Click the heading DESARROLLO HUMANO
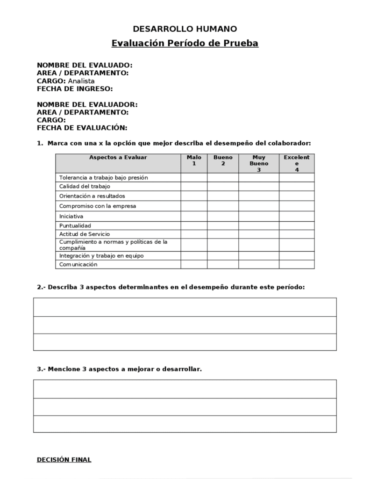pyautogui.click(x=185, y=29)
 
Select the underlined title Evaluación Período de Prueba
pyautogui.click(x=185, y=44)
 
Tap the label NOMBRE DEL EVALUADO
pyautogui.click(x=85, y=65)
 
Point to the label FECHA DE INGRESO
pyautogui.click(x=75, y=88)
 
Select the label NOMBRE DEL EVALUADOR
pyautogui.click(x=87, y=105)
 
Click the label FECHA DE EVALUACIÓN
pyautogui.click(x=82, y=128)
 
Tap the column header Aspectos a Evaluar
pyautogui.click(x=118, y=158)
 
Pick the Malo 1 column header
pyautogui.click(x=194, y=160)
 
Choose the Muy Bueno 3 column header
pyautogui.click(x=259, y=163)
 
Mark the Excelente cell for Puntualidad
pyautogui.click(x=297, y=225)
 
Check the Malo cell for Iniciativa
pyautogui.click(x=194, y=216)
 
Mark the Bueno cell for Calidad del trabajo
pyautogui.click(x=223, y=186)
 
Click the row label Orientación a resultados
pyautogui.click(x=92, y=196)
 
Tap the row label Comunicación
pyautogui.click(x=78, y=264)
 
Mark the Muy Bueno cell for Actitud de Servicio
pyautogui.click(x=259, y=234)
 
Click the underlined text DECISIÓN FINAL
pyautogui.click(x=64, y=460)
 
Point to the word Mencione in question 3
pyautogui.click(x=64, y=369)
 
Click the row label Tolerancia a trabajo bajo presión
pyautogui.click(x=104, y=178)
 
